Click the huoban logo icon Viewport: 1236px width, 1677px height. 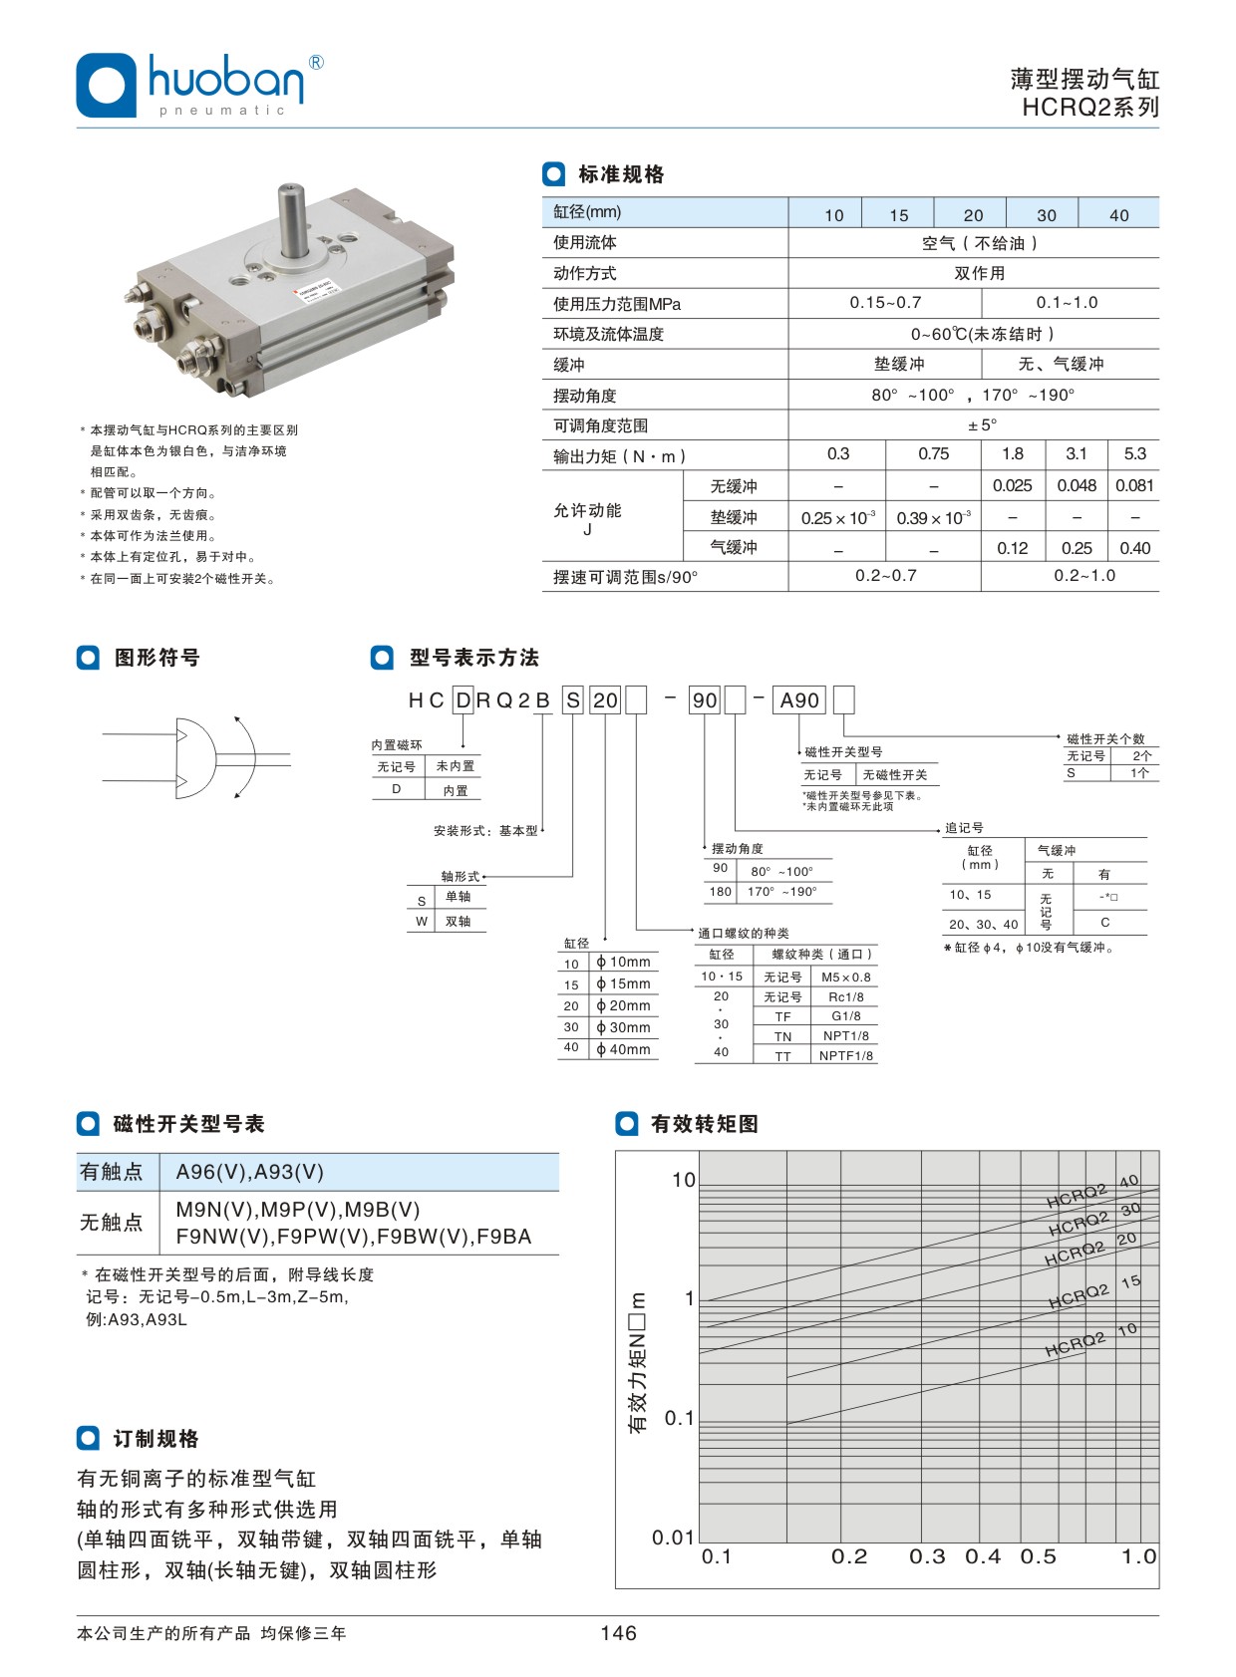click(106, 85)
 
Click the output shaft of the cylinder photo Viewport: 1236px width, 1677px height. click(291, 219)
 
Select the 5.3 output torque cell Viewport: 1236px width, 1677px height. click(1134, 454)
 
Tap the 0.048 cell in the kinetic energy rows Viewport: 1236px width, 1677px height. click(1077, 486)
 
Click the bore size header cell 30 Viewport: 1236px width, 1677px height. click(1046, 215)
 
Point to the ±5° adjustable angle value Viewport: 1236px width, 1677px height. click(982, 425)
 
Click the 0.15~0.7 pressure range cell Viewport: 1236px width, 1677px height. click(885, 303)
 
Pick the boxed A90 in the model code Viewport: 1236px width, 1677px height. click(799, 700)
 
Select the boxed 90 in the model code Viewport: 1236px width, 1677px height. click(705, 700)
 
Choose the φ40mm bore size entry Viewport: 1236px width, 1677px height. click(623, 1049)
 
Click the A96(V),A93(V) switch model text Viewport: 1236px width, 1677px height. click(249, 1173)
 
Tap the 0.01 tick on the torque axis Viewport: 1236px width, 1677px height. click(673, 1537)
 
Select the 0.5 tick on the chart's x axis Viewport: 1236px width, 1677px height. click(1038, 1556)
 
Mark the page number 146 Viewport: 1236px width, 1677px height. click(618, 1633)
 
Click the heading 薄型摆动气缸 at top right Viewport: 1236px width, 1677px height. click(1084, 80)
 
